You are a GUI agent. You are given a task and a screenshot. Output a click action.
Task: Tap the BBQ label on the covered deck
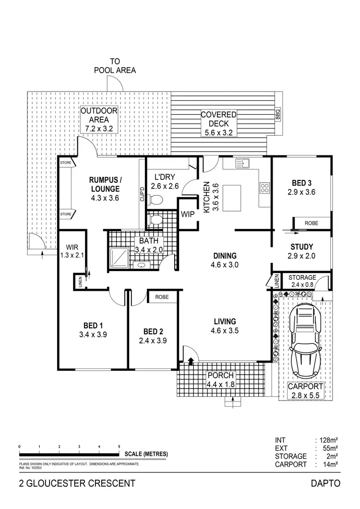[x=277, y=115]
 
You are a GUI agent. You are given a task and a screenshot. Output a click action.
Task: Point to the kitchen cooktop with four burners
[x=264, y=188]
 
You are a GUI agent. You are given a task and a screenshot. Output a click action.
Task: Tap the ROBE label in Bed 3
[x=312, y=223]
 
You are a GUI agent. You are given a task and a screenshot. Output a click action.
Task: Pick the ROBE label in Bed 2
[x=162, y=297]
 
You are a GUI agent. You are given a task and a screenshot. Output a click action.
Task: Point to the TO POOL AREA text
[x=115, y=66]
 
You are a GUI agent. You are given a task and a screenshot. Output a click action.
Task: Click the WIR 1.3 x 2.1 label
[x=72, y=251]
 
